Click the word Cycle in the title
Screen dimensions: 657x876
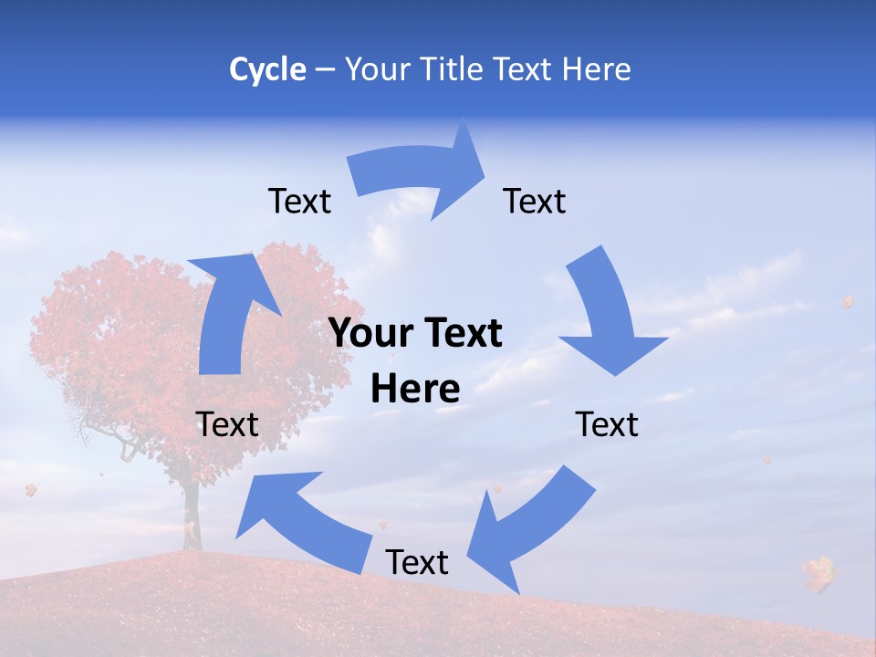(267, 69)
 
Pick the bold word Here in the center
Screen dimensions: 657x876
(415, 390)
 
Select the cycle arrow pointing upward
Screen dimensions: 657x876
(228, 310)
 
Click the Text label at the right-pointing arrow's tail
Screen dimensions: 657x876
(299, 201)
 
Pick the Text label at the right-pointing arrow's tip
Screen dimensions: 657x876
(535, 201)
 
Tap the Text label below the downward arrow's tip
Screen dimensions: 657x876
(607, 424)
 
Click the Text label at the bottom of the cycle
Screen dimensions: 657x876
(417, 562)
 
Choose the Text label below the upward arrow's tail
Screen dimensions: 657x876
(227, 424)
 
